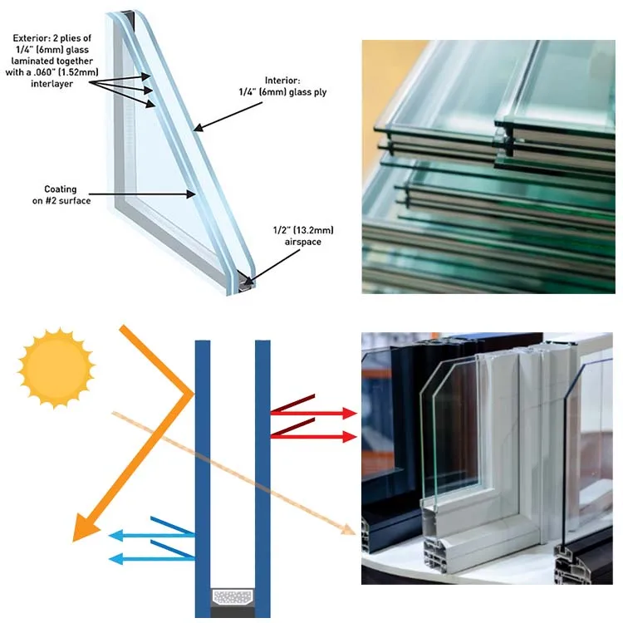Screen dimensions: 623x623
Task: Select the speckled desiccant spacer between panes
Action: pyautogui.click(x=233, y=596)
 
